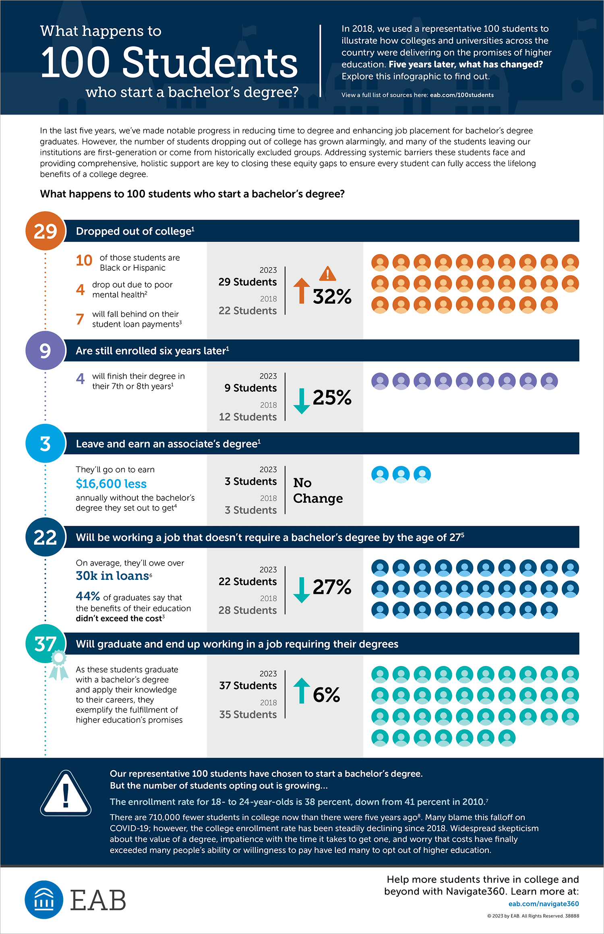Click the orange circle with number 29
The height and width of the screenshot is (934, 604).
(45, 231)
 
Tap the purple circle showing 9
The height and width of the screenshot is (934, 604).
(45, 351)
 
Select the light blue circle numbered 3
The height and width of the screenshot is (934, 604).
(45, 444)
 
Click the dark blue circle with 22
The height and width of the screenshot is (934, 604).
(45, 537)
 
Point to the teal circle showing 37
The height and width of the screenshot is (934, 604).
(45, 643)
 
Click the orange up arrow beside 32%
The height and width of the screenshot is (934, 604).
(302, 291)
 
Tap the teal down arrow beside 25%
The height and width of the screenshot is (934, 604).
(302, 401)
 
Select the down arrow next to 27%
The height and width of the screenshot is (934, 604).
(302, 590)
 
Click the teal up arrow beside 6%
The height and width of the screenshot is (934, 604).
(302, 691)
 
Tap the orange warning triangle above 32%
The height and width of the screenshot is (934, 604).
(328, 274)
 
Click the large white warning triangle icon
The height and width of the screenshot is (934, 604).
(66, 793)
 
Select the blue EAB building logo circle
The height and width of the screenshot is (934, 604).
(44, 900)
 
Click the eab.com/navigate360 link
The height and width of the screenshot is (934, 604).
(544, 904)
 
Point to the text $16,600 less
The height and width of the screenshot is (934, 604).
(111, 484)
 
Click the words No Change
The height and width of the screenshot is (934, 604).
(318, 490)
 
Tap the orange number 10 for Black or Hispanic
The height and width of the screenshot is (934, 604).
(84, 260)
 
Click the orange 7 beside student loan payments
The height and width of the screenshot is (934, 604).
(80, 319)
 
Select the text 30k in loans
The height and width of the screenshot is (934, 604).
(113, 576)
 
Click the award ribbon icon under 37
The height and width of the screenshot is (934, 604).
(59, 665)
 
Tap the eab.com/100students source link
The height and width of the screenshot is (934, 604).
(462, 95)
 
